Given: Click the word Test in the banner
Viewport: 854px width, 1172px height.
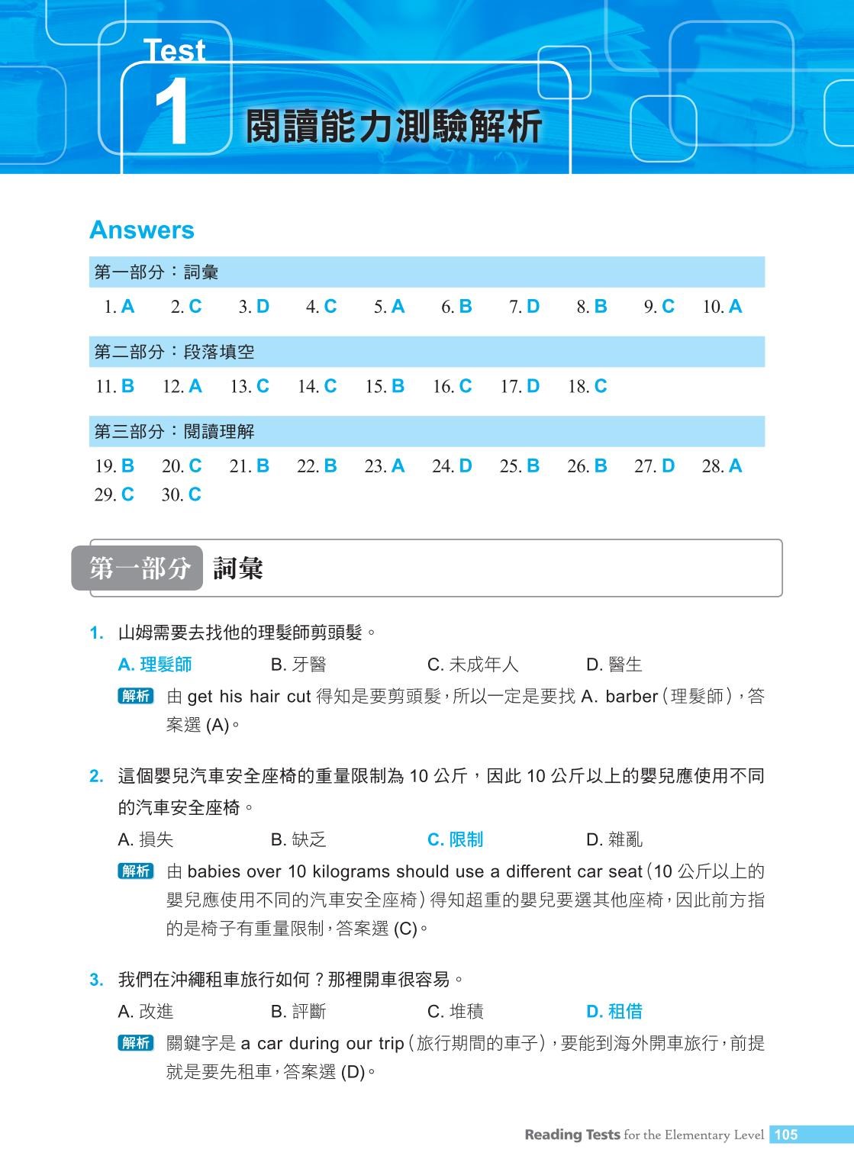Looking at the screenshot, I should (175, 51).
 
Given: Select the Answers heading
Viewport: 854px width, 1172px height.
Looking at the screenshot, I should (142, 230).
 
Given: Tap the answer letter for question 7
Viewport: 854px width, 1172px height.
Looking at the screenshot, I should (533, 307).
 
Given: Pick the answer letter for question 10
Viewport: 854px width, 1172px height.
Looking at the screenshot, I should (735, 307).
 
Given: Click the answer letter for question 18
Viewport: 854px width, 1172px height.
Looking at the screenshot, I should (601, 386).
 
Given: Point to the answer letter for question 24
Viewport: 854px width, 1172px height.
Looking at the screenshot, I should (466, 465).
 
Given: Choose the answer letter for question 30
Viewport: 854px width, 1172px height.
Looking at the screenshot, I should (195, 494).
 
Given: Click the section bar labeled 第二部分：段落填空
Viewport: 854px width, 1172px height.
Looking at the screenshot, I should (427, 352).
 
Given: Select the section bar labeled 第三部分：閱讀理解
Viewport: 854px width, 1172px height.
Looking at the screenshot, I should (427, 431).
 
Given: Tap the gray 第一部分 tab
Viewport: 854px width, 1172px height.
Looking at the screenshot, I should (138, 568).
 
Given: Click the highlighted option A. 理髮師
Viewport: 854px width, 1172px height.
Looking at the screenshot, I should (155, 665).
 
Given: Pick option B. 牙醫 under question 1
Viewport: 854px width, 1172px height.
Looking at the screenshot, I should (298, 665).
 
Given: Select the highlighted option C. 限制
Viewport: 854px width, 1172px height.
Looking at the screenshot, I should (456, 839).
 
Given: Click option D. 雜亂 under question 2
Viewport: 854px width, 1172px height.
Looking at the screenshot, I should (614, 839).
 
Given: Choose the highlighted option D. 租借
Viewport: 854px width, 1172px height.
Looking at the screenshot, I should (614, 1011).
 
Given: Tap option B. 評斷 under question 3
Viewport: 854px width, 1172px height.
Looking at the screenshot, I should (298, 1011).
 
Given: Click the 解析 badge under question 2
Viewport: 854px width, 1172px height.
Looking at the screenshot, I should (136, 871).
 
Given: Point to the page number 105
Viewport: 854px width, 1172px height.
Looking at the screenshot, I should (785, 1135).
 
